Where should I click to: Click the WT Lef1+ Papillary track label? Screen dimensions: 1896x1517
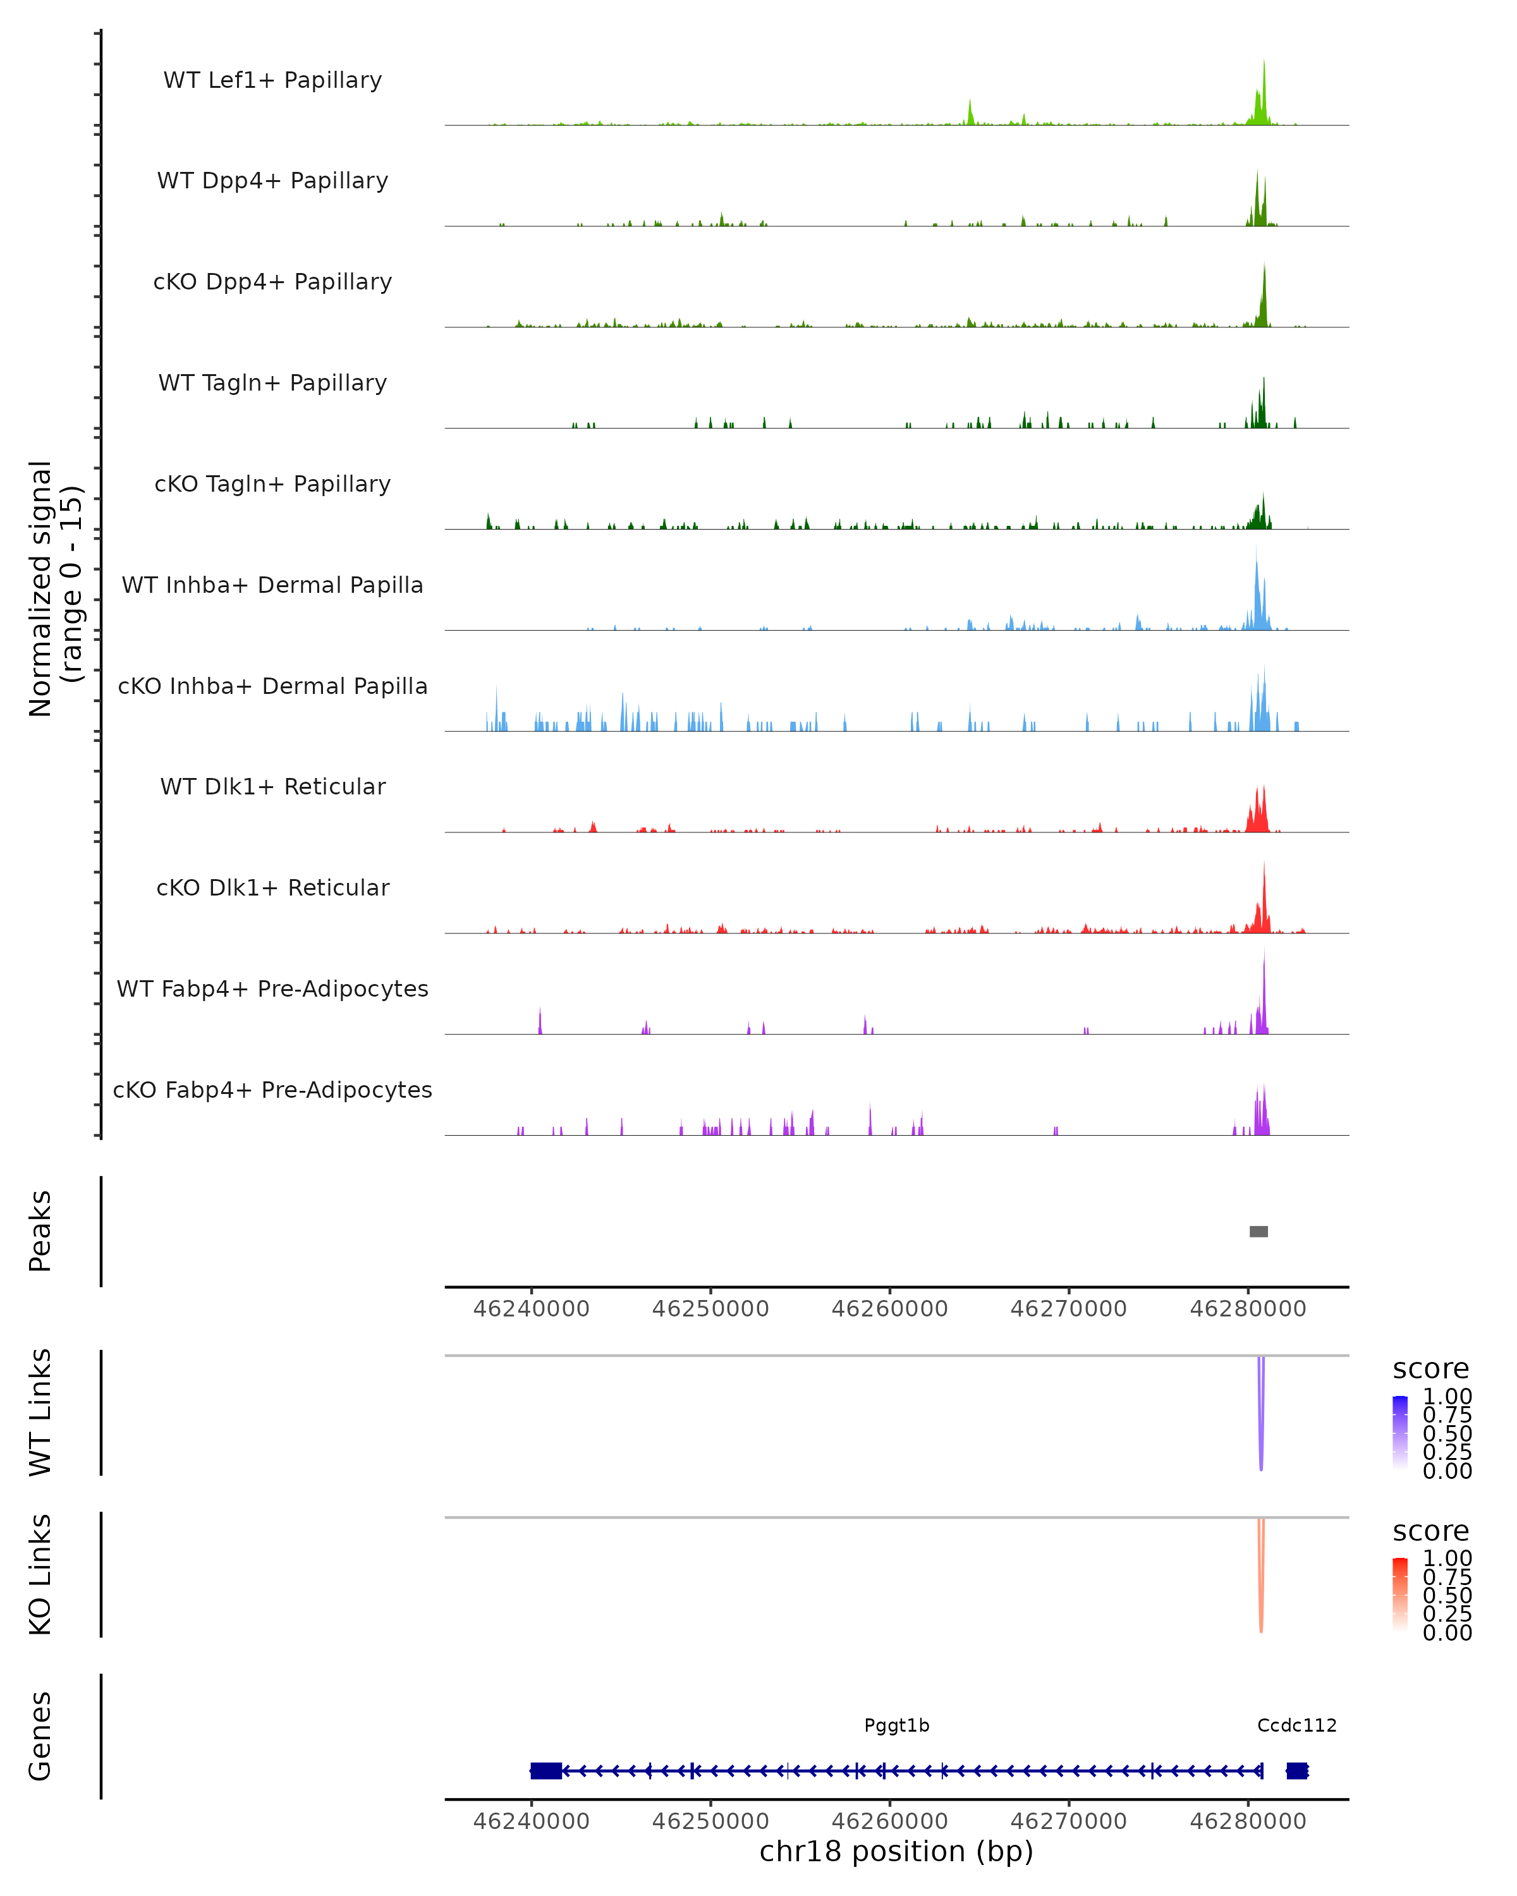pos(272,80)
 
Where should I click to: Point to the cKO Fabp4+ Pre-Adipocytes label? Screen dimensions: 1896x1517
pos(272,1090)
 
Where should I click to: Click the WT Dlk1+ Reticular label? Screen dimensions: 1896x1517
pos(272,786)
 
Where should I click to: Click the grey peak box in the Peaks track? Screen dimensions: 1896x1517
pos(1258,1231)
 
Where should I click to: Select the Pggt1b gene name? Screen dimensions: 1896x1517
pos(896,1725)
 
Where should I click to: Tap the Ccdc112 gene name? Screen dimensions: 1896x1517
pos(1296,1725)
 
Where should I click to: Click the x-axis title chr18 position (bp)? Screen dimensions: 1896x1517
pos(896,1851)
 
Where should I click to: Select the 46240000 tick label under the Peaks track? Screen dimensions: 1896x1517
pos(531,1309)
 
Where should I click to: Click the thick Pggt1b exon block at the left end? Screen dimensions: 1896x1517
pos(546,1770)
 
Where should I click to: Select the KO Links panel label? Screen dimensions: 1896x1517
pos(40,1574)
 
